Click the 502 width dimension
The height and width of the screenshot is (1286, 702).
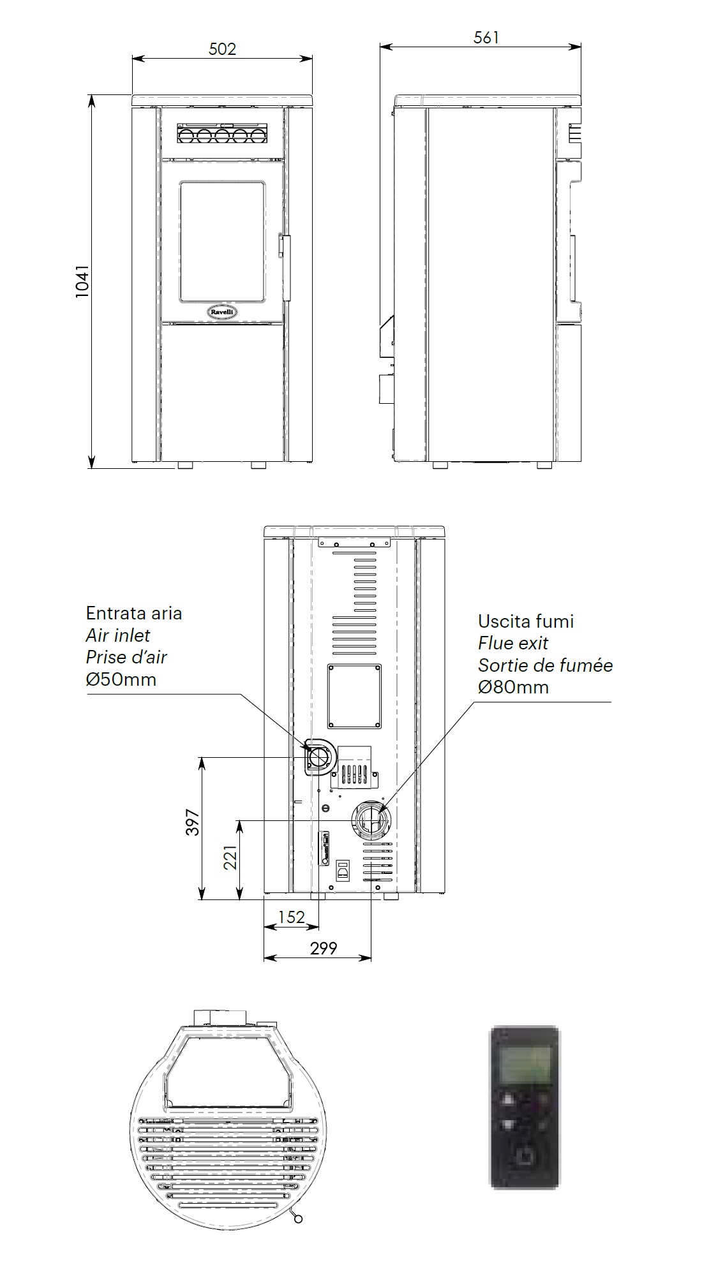point(222,49)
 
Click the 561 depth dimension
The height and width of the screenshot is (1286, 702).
point(486,38)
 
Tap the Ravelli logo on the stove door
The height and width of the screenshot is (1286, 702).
point(221,311)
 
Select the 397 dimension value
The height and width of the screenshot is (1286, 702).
point(193,823)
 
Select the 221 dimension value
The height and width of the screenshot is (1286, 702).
point(230,857)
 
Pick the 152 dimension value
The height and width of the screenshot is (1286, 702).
point(292,917)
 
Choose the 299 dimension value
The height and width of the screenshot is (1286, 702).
point(324,949)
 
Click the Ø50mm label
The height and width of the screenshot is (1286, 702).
point(121,679)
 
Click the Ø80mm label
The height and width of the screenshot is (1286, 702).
point(513,687)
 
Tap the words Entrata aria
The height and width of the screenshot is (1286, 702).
point(134,613)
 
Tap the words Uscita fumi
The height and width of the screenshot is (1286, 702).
point(526,621)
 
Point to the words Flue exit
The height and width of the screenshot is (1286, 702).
point(513,643)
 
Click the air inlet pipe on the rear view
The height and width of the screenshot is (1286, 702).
point(319,757)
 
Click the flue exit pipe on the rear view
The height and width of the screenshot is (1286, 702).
point(371,819)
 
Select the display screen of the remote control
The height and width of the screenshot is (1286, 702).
point(525,1065)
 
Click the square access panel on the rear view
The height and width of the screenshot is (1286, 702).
point(354,696)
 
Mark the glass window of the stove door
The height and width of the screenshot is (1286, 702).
point(221,240)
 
